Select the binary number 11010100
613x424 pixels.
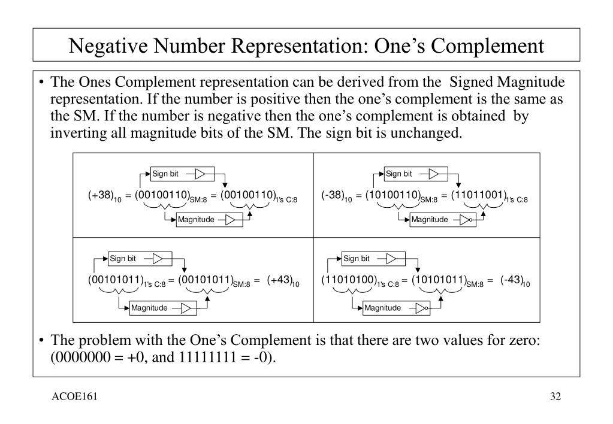pos(349,280)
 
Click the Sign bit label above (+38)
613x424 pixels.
pos(165,174)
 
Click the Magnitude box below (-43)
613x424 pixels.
pos(382,308)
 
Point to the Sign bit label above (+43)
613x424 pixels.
pos(123,259)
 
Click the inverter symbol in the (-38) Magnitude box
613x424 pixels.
pos(465,219)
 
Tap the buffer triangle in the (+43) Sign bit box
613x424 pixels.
pos(158,259)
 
